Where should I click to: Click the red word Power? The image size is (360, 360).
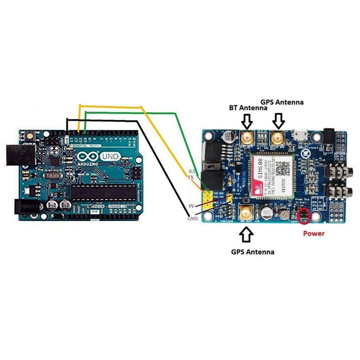(x=313, y=233)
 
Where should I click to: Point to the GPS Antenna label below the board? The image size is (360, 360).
(x=252, y=252)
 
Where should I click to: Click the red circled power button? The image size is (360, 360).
(x=304, y=216)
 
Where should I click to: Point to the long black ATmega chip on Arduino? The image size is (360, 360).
(x=103, y=193)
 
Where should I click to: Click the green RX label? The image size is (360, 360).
(x=192, y=171)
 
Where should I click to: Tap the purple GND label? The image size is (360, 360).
(x=192, y=218)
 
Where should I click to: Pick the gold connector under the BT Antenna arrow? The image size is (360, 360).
(x=247, y=138)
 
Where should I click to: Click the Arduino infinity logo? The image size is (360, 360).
(x=87, y=157)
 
